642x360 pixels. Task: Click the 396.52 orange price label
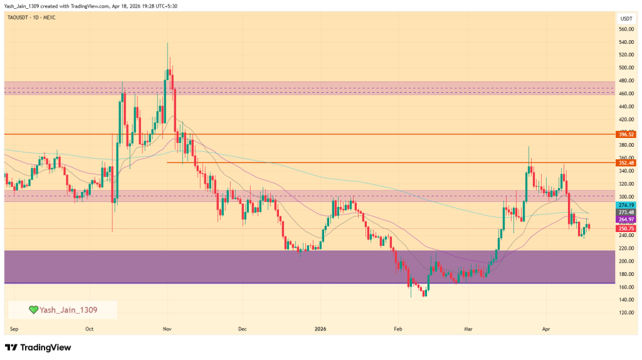coord(626,134)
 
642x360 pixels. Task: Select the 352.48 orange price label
coord(626,162)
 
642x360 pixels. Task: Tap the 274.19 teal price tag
coord(626,205)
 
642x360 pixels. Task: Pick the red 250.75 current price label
coord(626,228)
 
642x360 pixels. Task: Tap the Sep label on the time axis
coord(13,328)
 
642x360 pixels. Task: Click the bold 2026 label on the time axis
coord(320,328)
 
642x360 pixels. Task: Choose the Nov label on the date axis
coord(167,328)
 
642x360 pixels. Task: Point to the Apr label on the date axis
coord(545,328)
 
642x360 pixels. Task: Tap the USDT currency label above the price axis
coord(626,19)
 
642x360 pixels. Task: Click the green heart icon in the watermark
coord(33,309)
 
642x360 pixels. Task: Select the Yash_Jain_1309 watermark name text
coord(68,309)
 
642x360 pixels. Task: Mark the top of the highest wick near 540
coord(167,43)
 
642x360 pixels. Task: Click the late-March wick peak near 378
coord(529,147)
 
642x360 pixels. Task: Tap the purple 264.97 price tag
coord(626,218)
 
